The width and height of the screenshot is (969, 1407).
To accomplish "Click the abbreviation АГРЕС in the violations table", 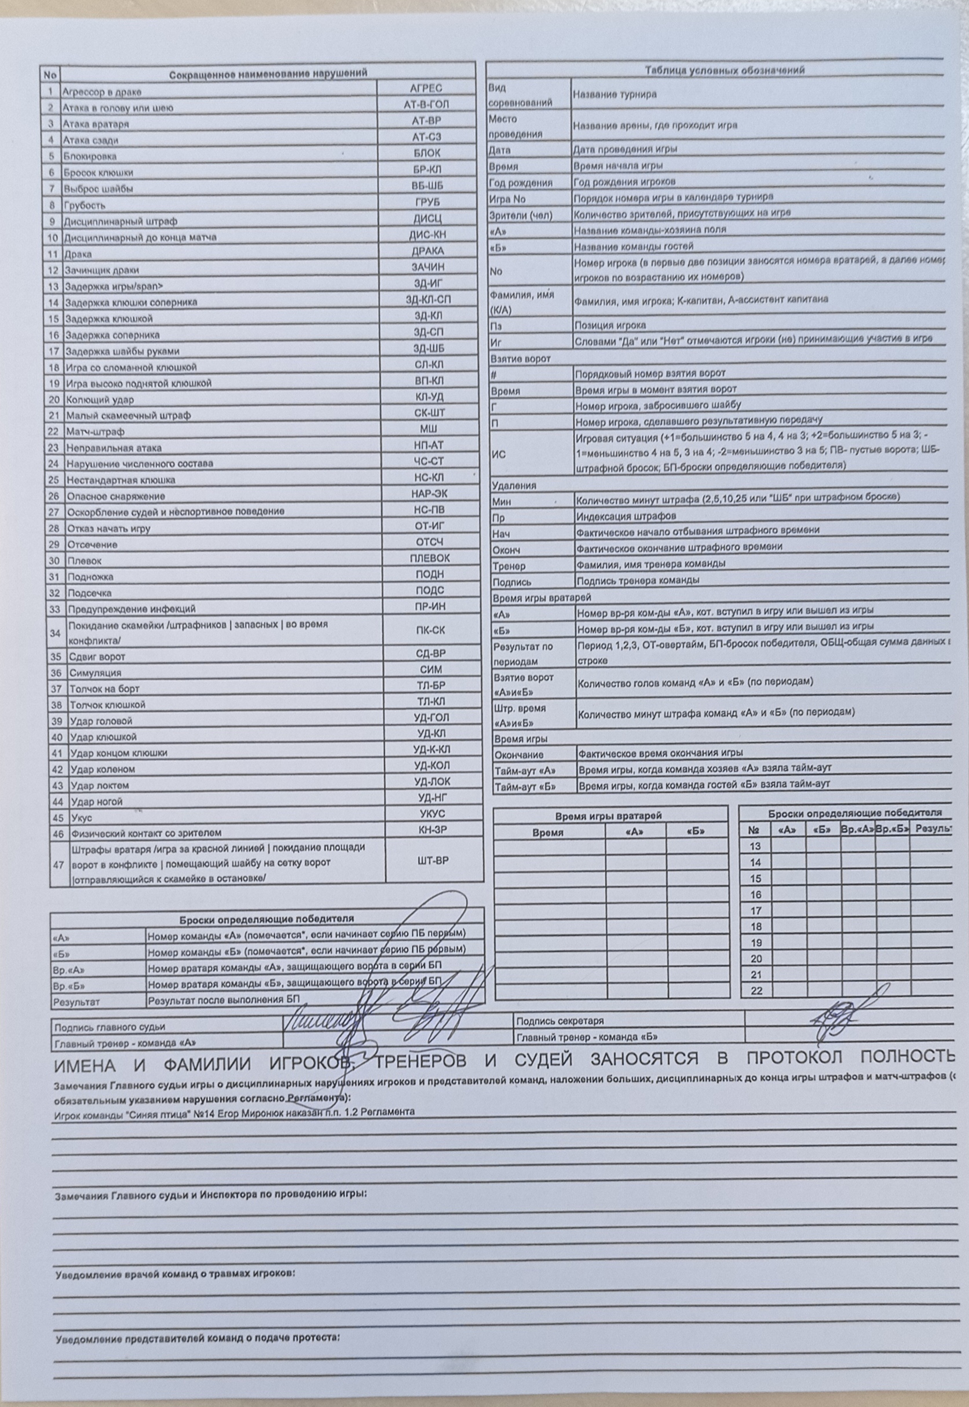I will click(x=426, y=88).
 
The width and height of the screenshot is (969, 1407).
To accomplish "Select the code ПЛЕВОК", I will click(x=430, y=558).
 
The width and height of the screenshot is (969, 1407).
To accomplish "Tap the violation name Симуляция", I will click(x=95, y=673).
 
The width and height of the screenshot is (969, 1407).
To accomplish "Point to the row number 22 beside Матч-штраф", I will click(x=53, y=431).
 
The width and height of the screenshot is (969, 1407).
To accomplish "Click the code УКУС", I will click(x=432, y=814).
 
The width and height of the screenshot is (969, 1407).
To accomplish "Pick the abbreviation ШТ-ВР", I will click(x=433, y=861).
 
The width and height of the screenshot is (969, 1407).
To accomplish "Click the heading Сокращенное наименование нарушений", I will click(x=268, y=74).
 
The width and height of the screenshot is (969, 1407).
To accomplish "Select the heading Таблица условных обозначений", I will click(x=725, y=71).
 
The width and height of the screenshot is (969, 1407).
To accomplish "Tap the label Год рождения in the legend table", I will click(x=520, y=183).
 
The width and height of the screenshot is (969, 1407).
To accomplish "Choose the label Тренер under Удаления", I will click(x=509, y=566).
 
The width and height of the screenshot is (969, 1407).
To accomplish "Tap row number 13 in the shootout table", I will click(x=755, y=846).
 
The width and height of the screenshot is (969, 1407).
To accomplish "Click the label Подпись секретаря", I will click(x=559, y=1021).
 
